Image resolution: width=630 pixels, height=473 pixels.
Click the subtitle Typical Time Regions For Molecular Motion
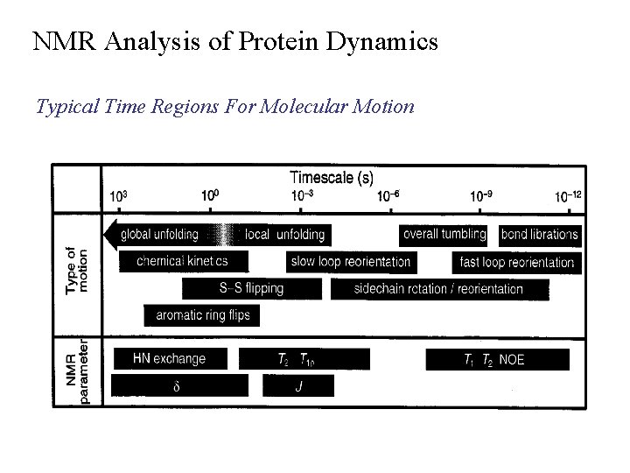tap(225, 107)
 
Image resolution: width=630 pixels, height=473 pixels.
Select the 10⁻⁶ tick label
tap(388, 196)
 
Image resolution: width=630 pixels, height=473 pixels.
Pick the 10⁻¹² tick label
tap(568, 196)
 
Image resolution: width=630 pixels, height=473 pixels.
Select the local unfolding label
tap(285, 235)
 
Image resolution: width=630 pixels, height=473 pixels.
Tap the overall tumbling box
tap(444, 234)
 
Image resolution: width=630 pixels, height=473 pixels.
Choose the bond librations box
tap(539, 235)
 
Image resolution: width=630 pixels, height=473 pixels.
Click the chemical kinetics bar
tap(181, 261)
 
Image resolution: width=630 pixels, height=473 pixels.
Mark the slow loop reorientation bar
tap(348, 262)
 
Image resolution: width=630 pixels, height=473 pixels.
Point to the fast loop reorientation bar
tap(516, 262)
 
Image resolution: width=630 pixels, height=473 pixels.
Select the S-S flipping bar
tap(251, 288)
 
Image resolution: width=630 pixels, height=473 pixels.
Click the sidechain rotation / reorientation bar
tap(439, 288)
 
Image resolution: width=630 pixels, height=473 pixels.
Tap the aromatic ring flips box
tap(202, 314)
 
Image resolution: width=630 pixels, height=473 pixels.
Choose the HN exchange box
tap(170, 358)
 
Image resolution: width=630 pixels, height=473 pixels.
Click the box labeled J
tap(299, 385)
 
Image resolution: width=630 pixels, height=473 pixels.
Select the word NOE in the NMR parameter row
tap(512, 359)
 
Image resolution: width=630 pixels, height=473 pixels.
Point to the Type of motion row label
tap(77, 272)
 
